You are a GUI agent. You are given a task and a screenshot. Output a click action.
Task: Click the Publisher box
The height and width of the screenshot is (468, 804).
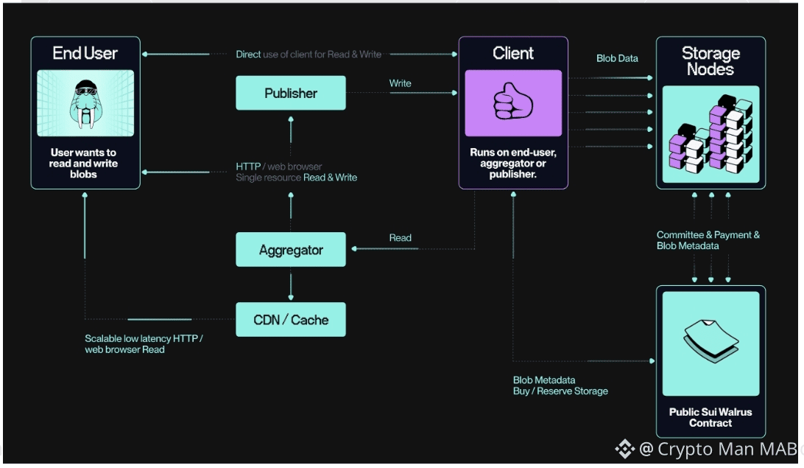[x=290, y=93]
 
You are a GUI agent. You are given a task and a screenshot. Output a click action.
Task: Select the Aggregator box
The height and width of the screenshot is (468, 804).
[x=290, y=250]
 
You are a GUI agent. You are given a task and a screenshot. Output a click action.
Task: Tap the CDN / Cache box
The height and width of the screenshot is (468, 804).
[x=290, y=320]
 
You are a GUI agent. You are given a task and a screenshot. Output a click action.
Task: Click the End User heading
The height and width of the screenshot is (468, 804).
[x=85, y=53]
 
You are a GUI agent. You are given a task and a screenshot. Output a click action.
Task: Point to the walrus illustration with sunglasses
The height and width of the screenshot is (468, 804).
[x=85, y=103]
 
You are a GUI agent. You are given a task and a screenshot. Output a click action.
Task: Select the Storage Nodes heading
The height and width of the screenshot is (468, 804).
[x=710, y=61]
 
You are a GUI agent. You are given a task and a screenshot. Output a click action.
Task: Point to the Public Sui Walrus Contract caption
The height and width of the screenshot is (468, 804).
[x=710, y=417]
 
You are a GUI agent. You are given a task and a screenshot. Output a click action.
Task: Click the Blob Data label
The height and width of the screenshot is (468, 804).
[x=617, y=58]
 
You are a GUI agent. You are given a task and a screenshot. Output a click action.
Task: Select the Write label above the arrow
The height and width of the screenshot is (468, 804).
[x=400, y=83]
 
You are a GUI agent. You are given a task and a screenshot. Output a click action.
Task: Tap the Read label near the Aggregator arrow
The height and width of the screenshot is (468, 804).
[x=400, y=238]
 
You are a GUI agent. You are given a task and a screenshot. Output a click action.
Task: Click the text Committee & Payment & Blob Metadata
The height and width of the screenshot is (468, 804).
[x=708, y=240]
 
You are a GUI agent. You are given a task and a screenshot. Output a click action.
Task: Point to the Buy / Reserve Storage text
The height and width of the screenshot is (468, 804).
[x=560, y=391]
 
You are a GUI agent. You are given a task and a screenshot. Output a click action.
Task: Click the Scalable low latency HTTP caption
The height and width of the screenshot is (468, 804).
[x=144, y=343]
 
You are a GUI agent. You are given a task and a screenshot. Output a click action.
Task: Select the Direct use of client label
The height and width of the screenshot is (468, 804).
[x=308, y=55]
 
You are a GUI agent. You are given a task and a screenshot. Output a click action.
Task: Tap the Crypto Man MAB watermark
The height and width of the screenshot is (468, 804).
[x=707, y=448]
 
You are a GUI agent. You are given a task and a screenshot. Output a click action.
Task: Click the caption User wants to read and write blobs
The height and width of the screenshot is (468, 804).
[x=85, y=163]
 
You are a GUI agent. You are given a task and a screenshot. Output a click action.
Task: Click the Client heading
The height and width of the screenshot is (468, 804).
[x=513, y=53]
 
